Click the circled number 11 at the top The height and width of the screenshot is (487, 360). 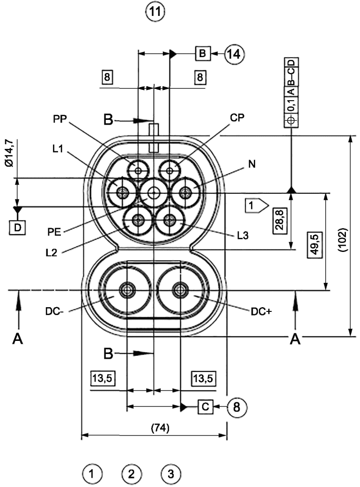pos(155,12)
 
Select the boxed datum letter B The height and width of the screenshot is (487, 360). pos(203,53)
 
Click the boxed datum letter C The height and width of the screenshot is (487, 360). pos(206,406)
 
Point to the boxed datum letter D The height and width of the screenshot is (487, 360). pos(17,228)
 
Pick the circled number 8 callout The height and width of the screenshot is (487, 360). pos(237,406)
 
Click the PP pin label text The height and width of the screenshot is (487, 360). pos(60,118)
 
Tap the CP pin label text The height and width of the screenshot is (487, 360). pos(237,118)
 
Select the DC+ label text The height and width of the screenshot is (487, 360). pos(261,311)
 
